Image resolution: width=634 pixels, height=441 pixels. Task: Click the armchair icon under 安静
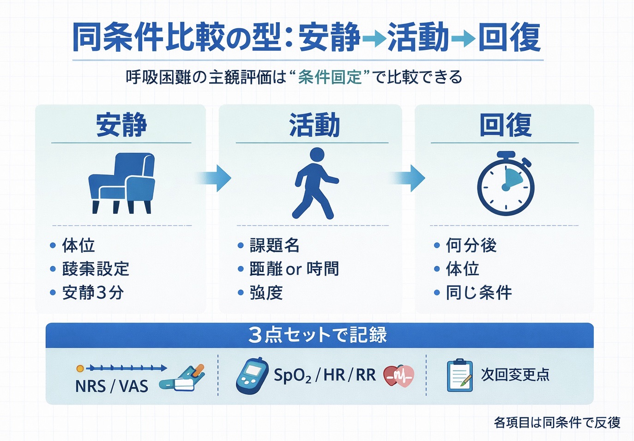(x=122, y=183)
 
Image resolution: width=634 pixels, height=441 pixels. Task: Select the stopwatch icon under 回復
(x=506, y=184)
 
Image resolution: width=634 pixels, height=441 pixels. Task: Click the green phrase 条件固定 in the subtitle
(x=330, y=77)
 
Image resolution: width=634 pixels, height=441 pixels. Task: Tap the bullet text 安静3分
(x=93, y=293)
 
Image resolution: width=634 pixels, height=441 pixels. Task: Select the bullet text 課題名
(x=275, y=245)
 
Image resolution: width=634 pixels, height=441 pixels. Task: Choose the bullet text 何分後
(x=471, y=245)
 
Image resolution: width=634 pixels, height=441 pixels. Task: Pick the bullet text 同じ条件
(x=479, y=293)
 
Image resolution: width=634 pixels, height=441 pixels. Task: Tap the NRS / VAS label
(x=112, y=386)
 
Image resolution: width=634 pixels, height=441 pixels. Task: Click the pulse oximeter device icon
(x=252, y=375)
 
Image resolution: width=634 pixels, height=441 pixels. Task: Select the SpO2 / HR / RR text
(x=325, y=375)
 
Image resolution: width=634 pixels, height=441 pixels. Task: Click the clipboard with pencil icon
(x=459, y=375)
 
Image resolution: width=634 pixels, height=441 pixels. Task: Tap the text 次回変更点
(x=515, y=375)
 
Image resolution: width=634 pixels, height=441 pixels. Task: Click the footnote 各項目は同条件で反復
(x=557, y=423)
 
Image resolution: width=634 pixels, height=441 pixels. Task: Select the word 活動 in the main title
(x=418, y=37)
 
